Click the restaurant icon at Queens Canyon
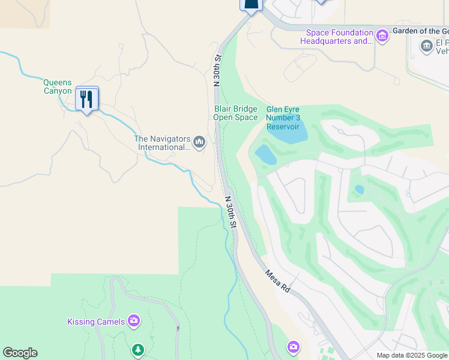[88, 98]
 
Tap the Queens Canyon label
[58, 87]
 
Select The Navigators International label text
[161, 143]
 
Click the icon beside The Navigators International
[199, 142]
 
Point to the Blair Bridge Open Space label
[235, 113]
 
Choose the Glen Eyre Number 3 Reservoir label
[282, 118]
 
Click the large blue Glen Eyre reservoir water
[287, 133]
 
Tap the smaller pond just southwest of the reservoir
[265, 155]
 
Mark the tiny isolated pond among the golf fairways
[359, 190]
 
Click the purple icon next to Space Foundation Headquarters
[382, 37]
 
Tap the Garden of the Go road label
[420, 31]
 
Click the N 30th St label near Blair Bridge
[218, 70]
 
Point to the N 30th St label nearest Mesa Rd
[231, 212]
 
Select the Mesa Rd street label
[277, 281]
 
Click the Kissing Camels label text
[96, 322]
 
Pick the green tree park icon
[138, 349]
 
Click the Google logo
[20, 353]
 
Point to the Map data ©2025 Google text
[412, 355]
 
